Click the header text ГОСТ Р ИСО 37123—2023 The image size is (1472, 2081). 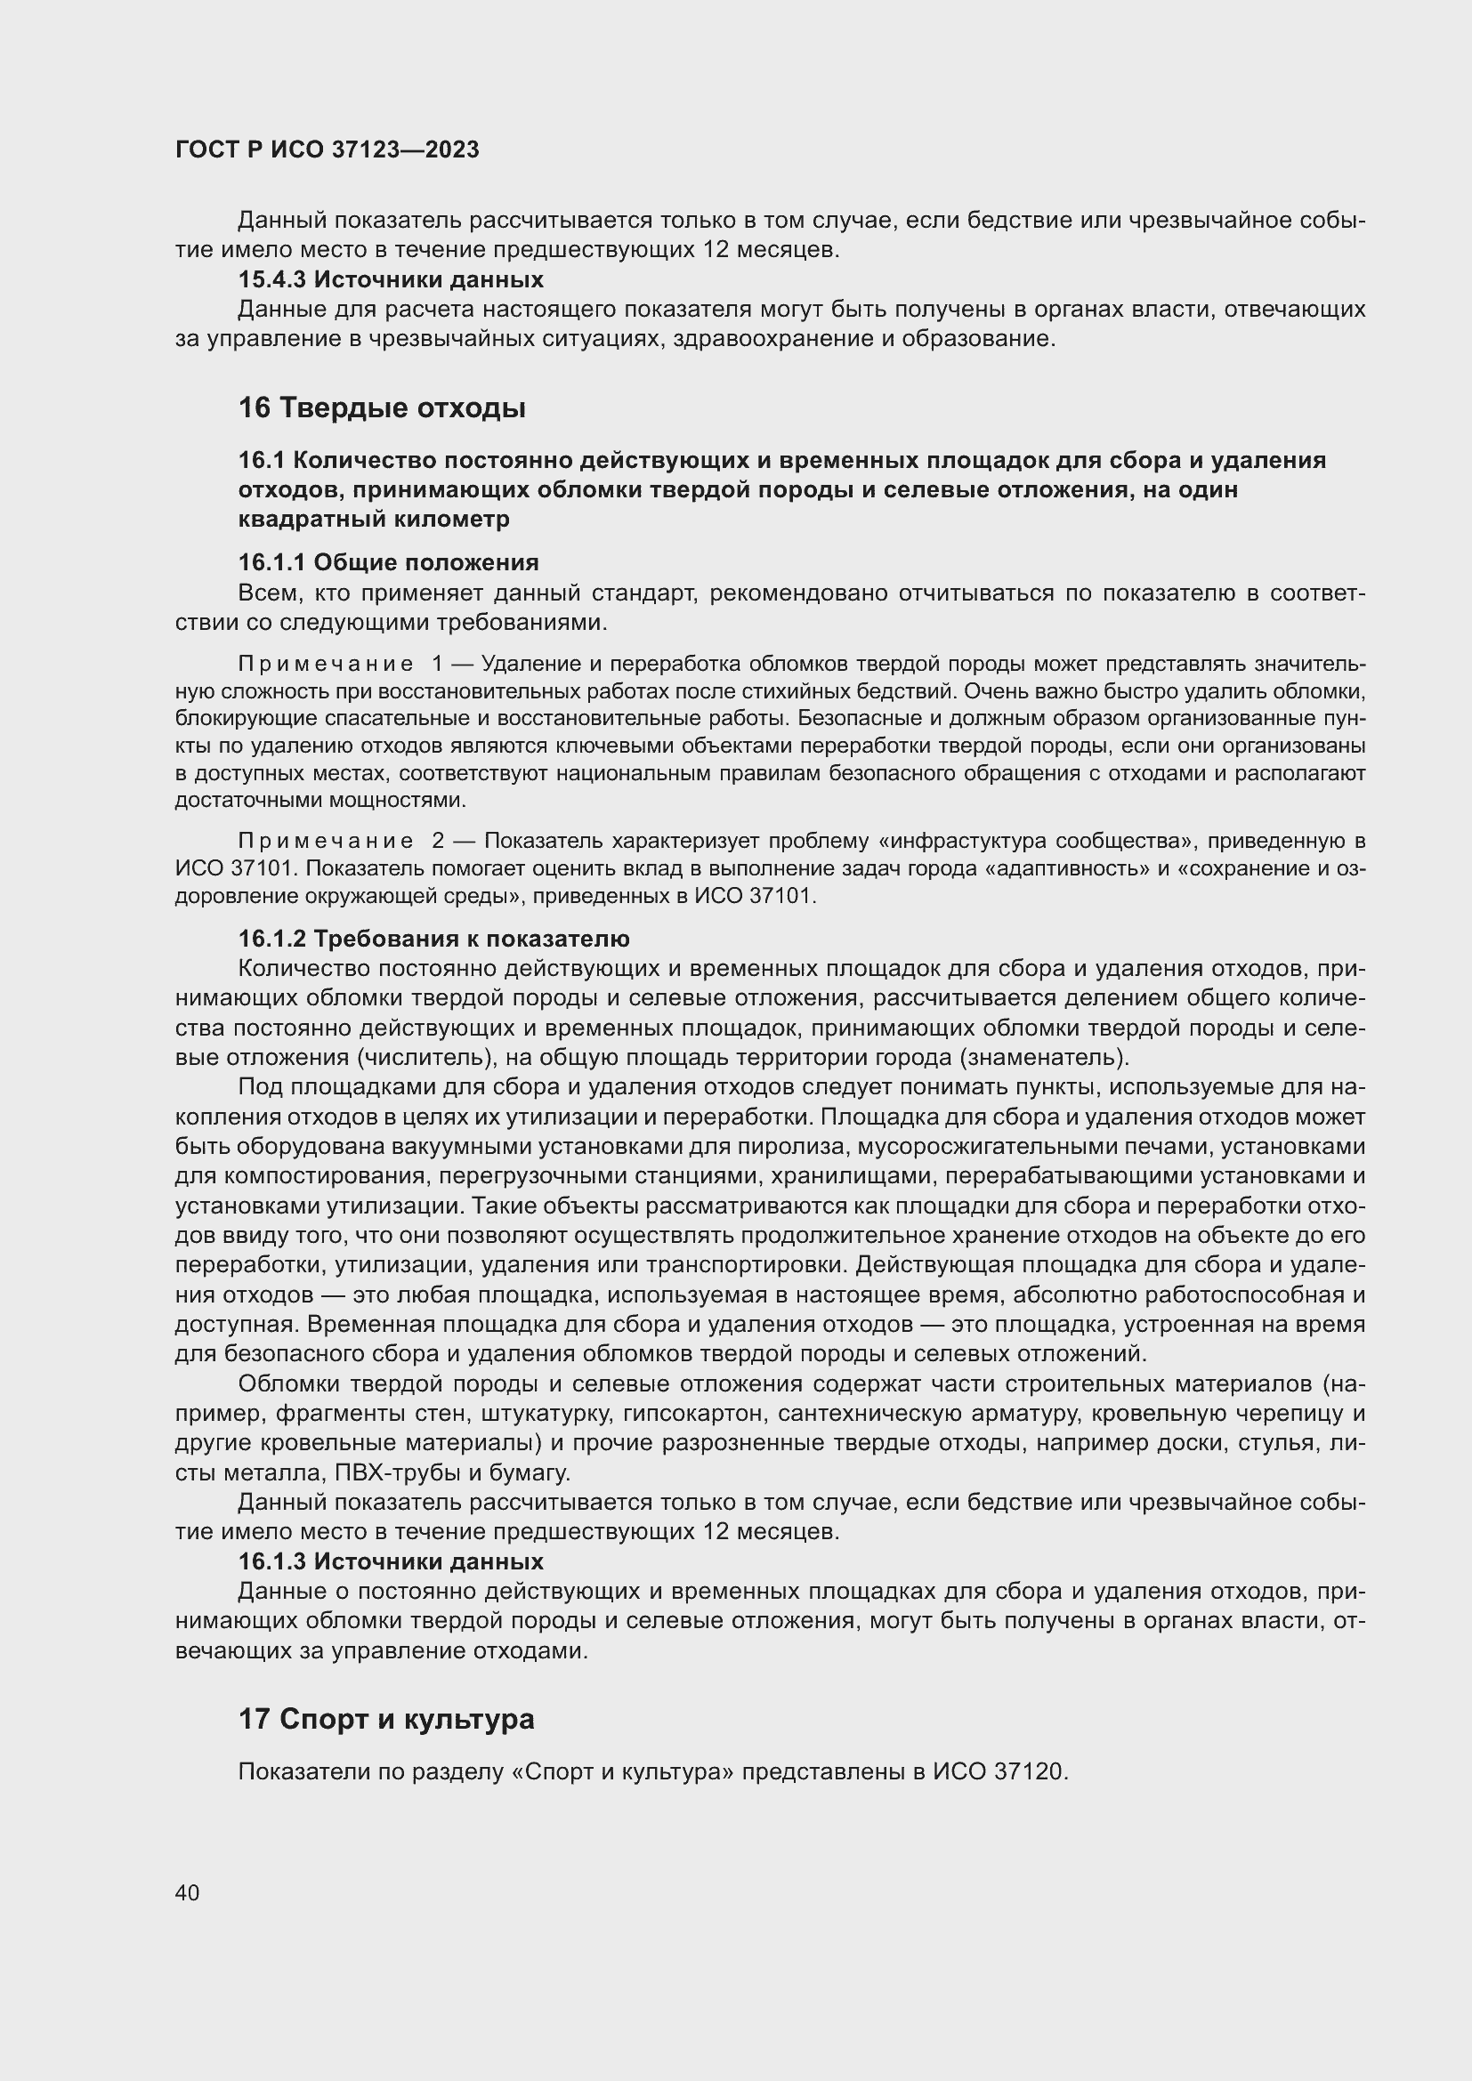click(x=328, y=149)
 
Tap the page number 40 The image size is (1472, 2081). click(x=188, y=1892)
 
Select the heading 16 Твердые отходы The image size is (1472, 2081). click(x=382, y=407)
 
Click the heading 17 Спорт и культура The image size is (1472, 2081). click(x=386, y=1719)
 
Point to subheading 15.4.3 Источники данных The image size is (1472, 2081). click(x=391, y=279)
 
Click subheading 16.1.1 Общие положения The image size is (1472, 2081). click(x=388, y=562)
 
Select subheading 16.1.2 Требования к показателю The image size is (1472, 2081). click(x=433, y=938)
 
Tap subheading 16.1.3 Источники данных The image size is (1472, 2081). click(x=391, y=1561)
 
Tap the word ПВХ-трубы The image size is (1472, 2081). click(x=392, y=1472)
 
